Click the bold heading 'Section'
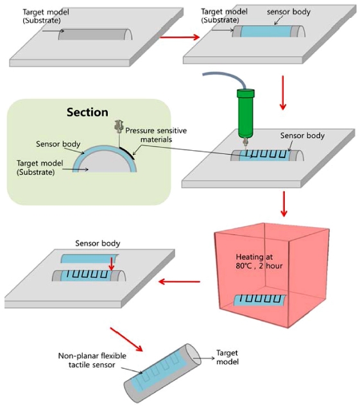tap(87, 112)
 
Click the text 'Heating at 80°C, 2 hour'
tap(259, 261)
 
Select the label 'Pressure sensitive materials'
tap(156, 135)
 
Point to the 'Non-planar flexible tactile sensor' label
tap(92, 360)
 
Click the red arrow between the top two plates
tap(180, 37)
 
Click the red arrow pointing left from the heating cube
tap(179, 281)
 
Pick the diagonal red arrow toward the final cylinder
tap(126, 340)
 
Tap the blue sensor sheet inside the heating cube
tap(259, 301)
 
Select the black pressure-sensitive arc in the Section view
tap(128, 152)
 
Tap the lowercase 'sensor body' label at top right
tap(289, 12)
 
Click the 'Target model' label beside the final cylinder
tap(227, 357)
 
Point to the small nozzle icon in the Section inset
tap(119, 126)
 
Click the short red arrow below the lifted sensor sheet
tap(112, 264)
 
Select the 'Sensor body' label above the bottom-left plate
tap(98, 243)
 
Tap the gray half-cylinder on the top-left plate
tap(95, 34)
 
